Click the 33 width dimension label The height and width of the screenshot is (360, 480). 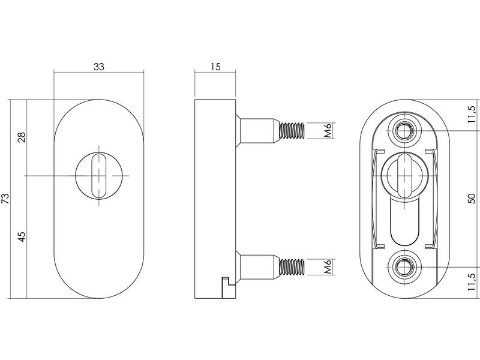[99, 67]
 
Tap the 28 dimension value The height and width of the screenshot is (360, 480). [22, 137]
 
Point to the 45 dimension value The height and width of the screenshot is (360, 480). [22, 236]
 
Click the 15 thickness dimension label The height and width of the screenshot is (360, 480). [215, 67]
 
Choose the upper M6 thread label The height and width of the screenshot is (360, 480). [328, 130]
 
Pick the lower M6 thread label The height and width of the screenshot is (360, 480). [328, 266]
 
